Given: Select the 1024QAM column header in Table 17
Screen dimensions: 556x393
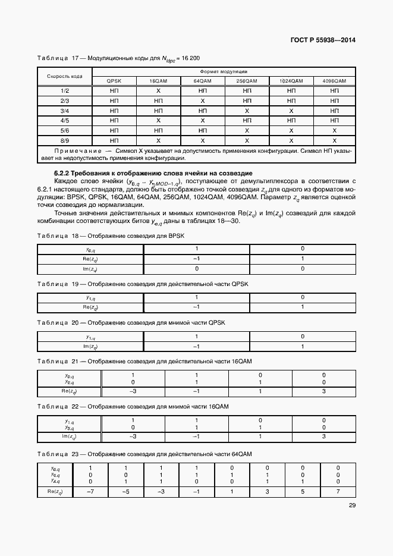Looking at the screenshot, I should [291, 80].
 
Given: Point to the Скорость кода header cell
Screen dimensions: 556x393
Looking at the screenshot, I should [64, 76].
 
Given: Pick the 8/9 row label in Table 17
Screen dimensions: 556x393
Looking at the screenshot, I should [64, 140].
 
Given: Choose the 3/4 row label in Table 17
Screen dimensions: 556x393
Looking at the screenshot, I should [64, 111].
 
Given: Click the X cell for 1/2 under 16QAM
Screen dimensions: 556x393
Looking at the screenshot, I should [158, 90].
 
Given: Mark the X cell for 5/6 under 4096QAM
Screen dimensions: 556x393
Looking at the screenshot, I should [335, 130].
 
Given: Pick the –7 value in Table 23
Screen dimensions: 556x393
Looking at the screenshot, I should [90, 492].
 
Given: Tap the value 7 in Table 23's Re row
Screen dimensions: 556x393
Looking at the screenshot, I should [337, 492].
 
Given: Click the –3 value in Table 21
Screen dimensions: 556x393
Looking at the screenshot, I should [133, 391].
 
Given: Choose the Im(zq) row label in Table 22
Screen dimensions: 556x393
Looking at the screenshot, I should [70, 436].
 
